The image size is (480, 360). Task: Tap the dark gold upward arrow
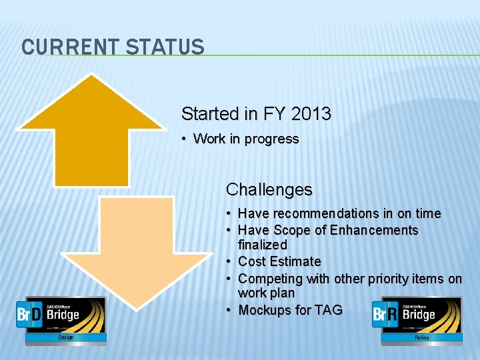[x=91, y=133]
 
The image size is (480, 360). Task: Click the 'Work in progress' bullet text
[x=245, y=139]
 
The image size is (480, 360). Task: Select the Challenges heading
[x=269, y=190]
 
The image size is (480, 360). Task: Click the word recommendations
[x=323, y=213]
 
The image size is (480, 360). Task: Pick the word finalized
[x=262, y=245]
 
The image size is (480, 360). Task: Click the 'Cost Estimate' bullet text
[x=279, y=261]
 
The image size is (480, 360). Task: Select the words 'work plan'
[x=266, y=293]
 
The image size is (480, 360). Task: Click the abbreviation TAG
[x=327, y=310]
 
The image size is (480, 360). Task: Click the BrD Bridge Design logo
[x=61, y=320]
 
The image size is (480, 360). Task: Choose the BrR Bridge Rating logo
[x=416, y=320]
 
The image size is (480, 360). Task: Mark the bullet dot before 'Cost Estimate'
[x=229, y=261]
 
